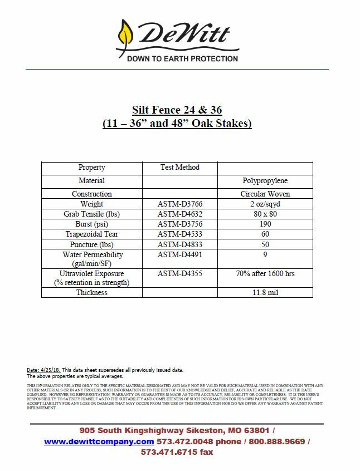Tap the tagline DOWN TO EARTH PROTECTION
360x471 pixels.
182,58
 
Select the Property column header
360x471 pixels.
91,168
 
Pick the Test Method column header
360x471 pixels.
179,168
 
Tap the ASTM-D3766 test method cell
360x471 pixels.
179,204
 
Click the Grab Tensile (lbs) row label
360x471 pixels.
91,214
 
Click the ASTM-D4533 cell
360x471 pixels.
179,234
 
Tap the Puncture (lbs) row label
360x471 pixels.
91,244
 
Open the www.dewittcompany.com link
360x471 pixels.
99,441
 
